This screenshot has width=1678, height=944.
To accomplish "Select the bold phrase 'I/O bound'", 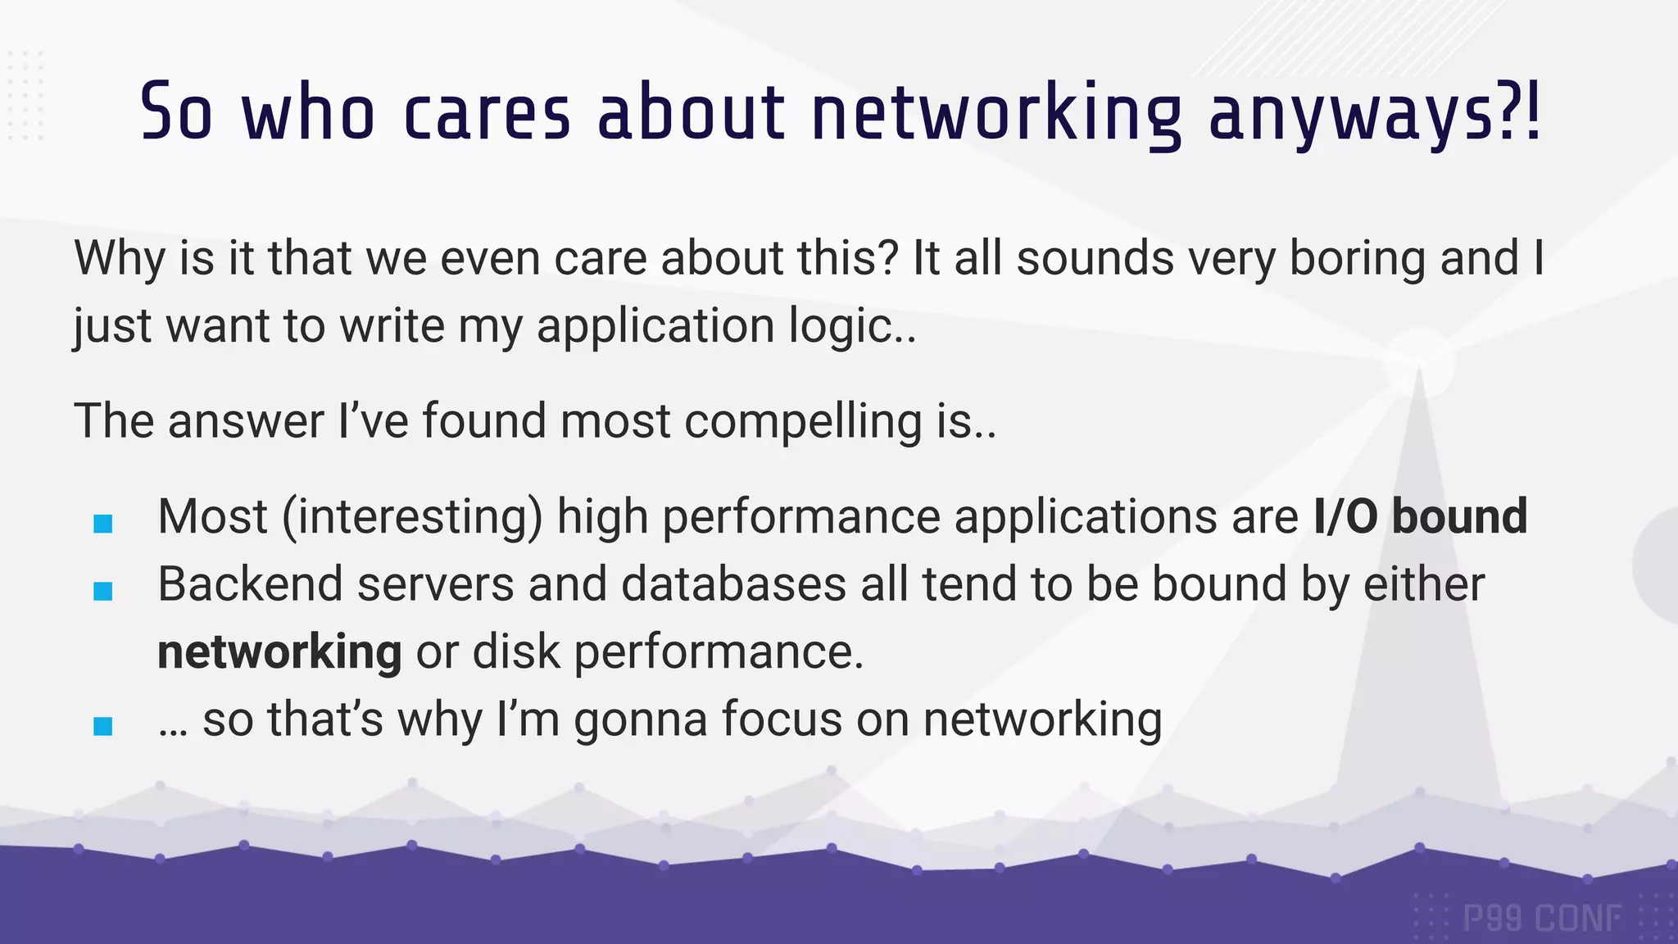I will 1420,516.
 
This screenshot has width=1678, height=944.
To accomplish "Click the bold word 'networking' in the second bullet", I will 279,652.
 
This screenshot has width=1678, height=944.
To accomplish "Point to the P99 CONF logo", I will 1541,918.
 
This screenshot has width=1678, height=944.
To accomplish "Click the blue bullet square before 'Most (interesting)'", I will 103,524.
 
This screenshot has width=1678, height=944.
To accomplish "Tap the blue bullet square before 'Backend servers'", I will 103,591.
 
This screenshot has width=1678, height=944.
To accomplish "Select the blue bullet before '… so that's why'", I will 103,726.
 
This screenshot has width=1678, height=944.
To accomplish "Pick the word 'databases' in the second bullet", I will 733,584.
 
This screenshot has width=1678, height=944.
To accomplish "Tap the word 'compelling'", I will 803,421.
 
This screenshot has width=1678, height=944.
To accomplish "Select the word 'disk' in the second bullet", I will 515,652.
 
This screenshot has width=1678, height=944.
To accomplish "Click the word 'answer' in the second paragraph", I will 246,421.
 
